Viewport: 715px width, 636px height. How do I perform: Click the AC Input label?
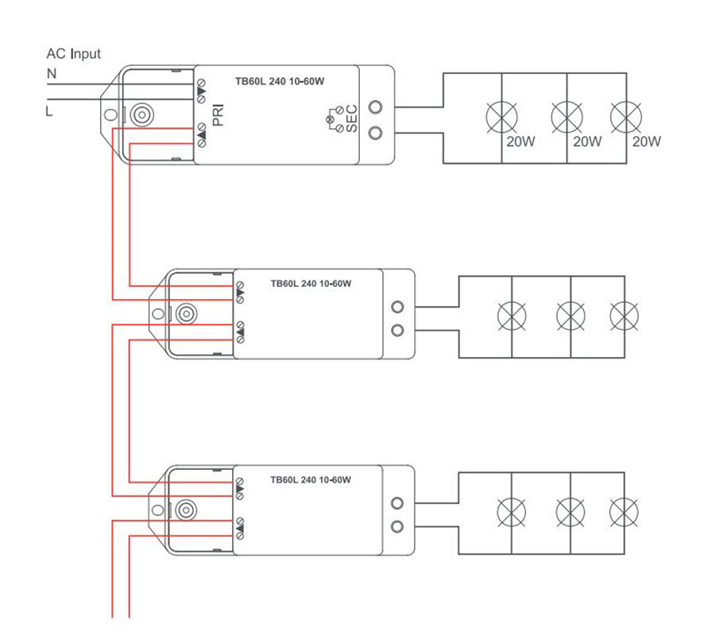(73, 54)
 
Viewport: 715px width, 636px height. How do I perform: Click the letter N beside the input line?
(52, 73)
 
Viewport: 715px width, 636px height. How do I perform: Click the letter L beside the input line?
(49, 111)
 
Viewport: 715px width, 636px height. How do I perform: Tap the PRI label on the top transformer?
(218, 115)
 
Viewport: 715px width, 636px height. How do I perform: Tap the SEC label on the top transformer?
(352, 118)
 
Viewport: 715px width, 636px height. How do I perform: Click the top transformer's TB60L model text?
(280, 81)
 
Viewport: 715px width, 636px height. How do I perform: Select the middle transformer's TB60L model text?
(311, 283)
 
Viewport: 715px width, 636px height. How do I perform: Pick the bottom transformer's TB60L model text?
(311, 479)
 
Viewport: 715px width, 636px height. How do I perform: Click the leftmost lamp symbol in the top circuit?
(501, 117)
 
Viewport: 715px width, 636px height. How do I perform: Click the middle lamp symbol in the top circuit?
(566, 117)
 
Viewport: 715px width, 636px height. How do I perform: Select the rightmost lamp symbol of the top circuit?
(626, 117)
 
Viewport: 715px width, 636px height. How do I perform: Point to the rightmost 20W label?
(646, 142)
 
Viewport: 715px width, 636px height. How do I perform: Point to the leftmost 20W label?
(520, 142)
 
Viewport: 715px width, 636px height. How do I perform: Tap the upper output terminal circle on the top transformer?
(375, 107)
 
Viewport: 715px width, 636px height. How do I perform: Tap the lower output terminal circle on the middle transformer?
(398, 330)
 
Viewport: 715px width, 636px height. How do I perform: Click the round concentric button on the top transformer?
(142, 114)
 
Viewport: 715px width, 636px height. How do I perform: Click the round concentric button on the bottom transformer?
(186, 510)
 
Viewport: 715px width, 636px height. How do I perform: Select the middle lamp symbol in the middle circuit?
(571, 316)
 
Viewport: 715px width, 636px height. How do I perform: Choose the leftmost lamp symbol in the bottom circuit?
(511, 512)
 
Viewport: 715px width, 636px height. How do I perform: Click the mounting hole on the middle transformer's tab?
(158, 314)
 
